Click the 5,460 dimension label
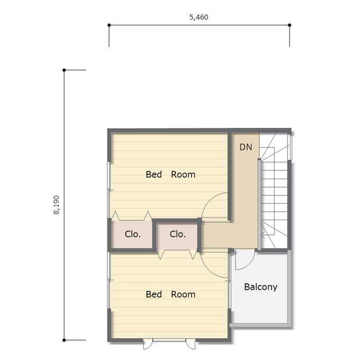tap(199, 17)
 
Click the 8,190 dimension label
tap(57, 205)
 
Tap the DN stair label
tap(246, 147)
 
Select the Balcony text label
tap(260, 287)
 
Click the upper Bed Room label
tap(170, 175)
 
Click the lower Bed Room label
tap(170, 294)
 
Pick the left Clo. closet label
tap(133, 234)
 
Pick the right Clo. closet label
tap(178, 234)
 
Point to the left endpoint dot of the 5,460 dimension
tap(109, 25)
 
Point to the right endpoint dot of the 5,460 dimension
tap(290, 25)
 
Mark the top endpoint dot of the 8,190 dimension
tap(64, 70)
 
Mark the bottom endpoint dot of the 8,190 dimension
tap(64, 340)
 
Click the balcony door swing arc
tap(250, 264)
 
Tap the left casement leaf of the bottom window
tap(147, 345)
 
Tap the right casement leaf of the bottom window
tap(191, 345)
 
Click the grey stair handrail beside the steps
tap(259, 204)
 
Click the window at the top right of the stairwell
tap(290, 147)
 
